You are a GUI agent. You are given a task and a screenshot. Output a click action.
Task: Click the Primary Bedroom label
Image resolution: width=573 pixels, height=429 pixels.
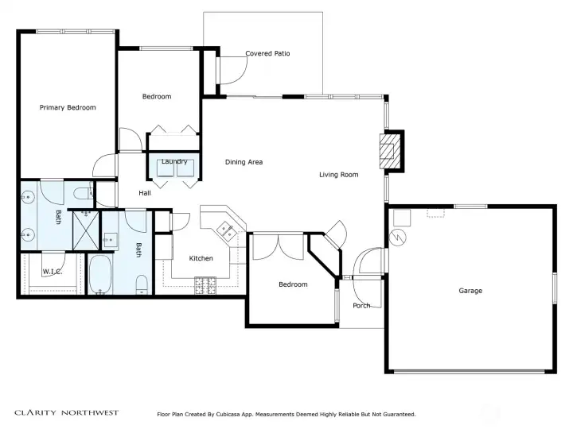(x=68, y=107)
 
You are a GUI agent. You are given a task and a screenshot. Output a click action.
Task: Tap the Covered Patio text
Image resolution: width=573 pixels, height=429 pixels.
(x=267, y=53)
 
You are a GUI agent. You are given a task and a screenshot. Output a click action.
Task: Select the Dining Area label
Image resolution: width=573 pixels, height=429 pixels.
(x=244, y=162)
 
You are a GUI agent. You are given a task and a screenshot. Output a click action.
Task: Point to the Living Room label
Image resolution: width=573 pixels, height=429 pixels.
(x=339, y=175)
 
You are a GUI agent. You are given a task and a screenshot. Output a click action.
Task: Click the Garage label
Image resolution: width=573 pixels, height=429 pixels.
(x=470, y=291)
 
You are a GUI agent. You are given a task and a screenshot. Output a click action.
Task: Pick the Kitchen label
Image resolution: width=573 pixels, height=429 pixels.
(x=201, y=258)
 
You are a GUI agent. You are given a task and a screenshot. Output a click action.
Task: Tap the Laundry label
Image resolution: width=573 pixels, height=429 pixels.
(x=174, y=161)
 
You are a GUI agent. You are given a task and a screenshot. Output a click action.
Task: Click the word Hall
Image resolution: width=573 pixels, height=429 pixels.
(x=145, y=193)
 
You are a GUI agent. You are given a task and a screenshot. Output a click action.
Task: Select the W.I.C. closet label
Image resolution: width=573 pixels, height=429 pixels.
(x=53, y=272)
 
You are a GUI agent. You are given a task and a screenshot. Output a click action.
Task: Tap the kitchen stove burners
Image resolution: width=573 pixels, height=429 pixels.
(x=205, y=286)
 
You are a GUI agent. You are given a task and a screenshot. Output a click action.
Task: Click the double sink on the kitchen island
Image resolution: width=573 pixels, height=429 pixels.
(x=227, y=231)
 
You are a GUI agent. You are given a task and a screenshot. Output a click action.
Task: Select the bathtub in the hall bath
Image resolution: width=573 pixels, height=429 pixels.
(x=100, y=274)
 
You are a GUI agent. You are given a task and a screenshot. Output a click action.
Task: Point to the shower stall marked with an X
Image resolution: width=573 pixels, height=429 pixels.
(x=86, y=230)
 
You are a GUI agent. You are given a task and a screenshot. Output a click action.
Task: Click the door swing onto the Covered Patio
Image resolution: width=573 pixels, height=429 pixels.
(x=232, y=71)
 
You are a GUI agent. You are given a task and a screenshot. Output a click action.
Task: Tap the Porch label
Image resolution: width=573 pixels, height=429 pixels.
(x=361, y=306)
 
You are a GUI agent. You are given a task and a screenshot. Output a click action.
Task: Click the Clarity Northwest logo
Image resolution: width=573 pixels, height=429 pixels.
(x=67, y=412)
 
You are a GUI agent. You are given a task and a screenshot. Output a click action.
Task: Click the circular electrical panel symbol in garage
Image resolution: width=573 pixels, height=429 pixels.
(x=398, y=237)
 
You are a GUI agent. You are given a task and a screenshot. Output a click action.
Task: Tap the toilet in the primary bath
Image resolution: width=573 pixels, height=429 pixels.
(x=84, y=193)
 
